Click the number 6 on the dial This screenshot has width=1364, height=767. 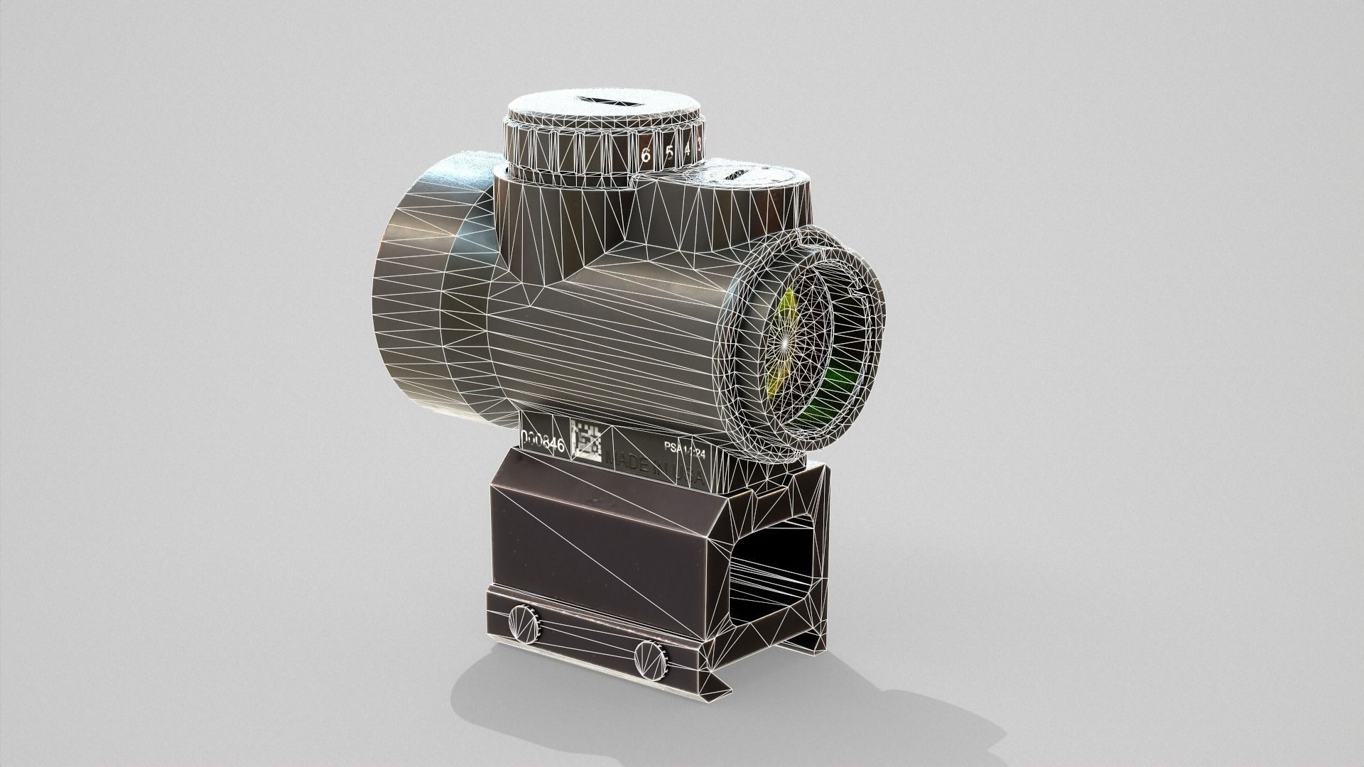click(646, 156)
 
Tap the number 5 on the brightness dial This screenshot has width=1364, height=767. click(670, 153)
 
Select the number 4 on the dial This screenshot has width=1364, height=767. click(688, 150)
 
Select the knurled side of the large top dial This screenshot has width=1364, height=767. click(568, 156)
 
